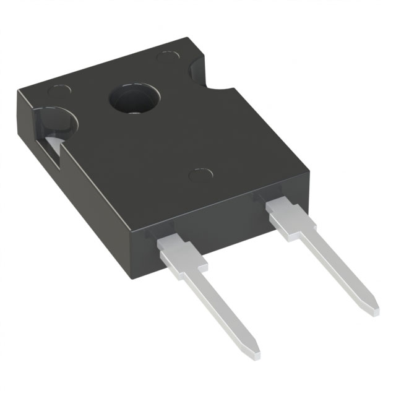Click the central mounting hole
pyautogui.click(x=134, y=99)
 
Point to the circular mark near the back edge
pyautogui.click(x=166, y=57)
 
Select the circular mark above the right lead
pyautogui.click(x=200, y=175)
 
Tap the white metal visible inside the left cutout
pyautogui.click(x=55, y=146)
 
